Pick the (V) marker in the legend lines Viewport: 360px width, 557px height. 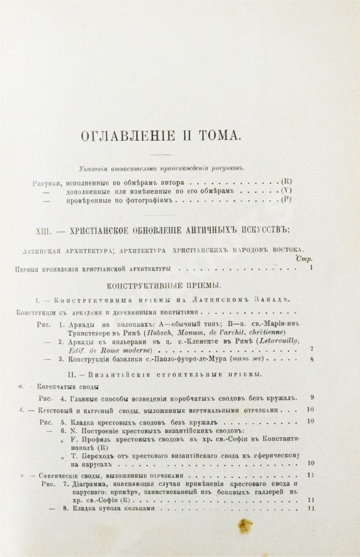(287, 192)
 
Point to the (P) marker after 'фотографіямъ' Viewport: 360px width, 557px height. (287, 202)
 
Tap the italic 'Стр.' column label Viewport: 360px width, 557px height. (303, 259)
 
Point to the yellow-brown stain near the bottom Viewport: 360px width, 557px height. (246, 525)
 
